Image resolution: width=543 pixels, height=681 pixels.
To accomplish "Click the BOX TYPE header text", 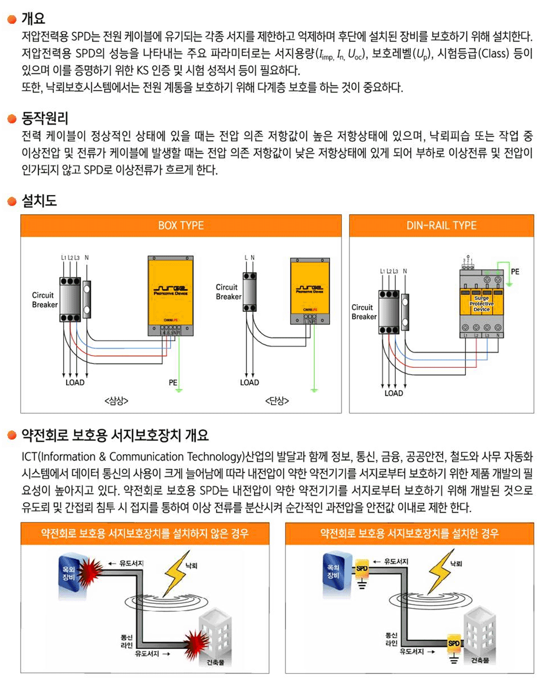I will coord(181,226).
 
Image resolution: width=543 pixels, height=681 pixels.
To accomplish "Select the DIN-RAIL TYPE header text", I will coord(441,226).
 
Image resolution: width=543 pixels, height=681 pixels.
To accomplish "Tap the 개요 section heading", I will coord(33,19).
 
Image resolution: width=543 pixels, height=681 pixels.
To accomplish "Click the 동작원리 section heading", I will coord(45,118).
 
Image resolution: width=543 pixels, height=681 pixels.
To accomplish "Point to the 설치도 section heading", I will coord(39,201).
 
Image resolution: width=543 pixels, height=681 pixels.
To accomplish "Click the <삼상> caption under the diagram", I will coord(116,401).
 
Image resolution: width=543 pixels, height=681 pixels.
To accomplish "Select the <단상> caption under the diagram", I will coord(277,401).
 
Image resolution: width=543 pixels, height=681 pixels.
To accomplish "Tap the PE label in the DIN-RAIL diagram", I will coord(515,271).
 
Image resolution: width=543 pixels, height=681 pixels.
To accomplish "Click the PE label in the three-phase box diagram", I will coord(173,382).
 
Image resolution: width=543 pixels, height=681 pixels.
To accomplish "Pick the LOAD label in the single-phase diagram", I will coord(249,382).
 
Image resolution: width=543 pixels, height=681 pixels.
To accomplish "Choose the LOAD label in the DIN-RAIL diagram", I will coord(394,393).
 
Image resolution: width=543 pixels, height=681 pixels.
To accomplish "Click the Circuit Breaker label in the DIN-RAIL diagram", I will coord(364,312).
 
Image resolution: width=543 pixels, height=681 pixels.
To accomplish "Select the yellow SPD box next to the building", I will coord(454,643).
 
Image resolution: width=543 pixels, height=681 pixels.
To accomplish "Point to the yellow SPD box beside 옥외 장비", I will coord(362,568).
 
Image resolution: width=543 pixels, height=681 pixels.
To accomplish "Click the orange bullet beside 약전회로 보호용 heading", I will coord(12,436).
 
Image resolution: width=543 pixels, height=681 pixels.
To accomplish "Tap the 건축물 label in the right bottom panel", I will coord(480,660).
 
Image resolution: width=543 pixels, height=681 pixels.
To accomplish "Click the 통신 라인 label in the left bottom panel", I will coord(126,641).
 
